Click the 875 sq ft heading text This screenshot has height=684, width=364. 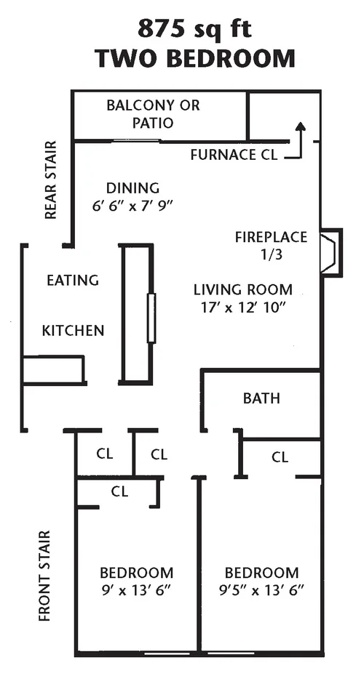point(194,29)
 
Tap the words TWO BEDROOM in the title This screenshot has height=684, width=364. point(194,58)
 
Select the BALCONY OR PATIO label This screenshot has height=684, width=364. point(153,114)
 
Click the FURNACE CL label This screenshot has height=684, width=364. point(233,155)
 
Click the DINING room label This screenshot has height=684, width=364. point(132,188)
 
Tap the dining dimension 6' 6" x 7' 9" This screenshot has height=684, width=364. point(132,206)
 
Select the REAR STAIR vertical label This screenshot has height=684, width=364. point(50,180)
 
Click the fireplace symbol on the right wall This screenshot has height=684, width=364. point(331,252)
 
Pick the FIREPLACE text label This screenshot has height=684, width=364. point(271,237)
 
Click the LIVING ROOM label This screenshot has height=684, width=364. point(242,289)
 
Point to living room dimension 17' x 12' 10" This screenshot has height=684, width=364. point(242,307)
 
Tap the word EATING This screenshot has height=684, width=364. point(73,280)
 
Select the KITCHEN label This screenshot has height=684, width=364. point(73,331)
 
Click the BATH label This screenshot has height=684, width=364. point(261,398)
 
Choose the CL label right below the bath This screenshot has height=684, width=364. point(280,457)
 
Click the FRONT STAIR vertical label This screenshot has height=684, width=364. point(45,576)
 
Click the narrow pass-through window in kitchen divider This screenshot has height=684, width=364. point(151,318)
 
